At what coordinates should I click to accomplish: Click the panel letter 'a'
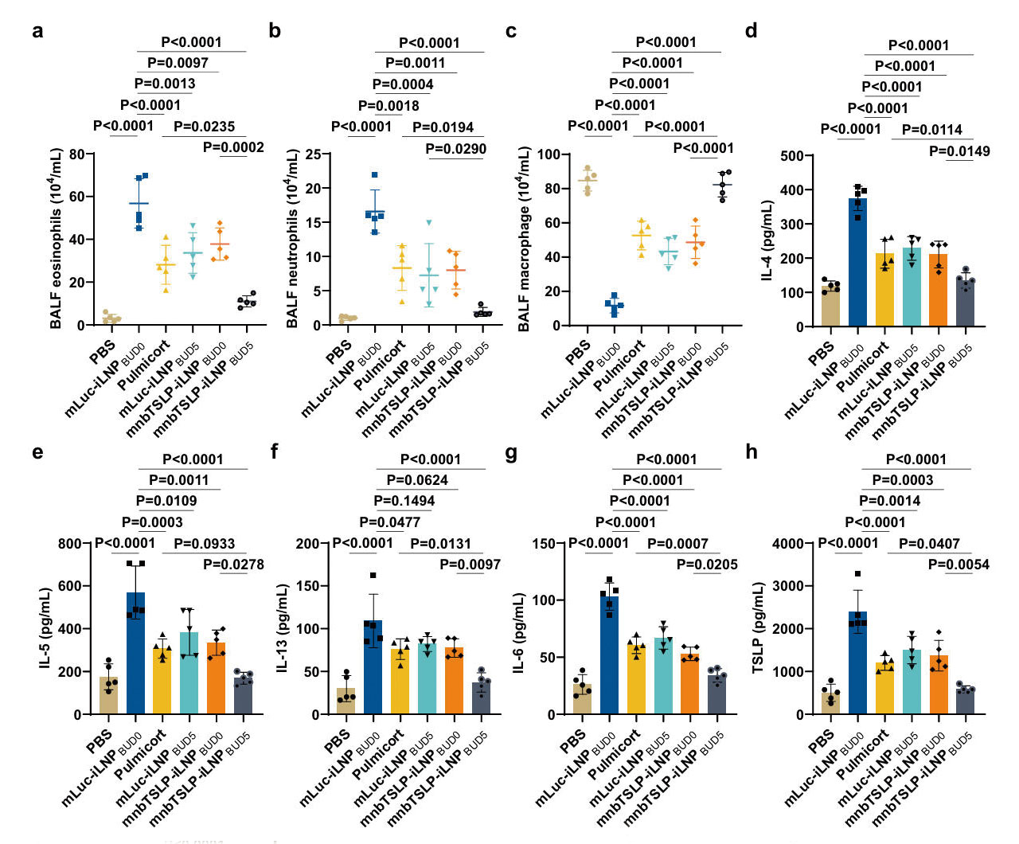(37, 31)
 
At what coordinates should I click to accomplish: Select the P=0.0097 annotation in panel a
(178, 63)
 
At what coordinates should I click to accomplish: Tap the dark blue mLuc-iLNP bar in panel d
(857, 263)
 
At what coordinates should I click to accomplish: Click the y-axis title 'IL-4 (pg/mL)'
(767, 240)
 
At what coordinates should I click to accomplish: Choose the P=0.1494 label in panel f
(404, 501)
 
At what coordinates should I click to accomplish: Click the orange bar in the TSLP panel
(939, 685)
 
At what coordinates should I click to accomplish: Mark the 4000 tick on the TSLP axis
(787, 543)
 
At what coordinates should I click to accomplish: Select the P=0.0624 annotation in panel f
(417, 480)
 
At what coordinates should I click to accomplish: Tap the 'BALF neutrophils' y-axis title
(293, 239)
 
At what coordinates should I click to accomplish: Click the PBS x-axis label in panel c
(577, 350)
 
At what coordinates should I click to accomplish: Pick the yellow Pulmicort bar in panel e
(162, 681)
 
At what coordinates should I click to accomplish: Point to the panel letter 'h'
(752, 452)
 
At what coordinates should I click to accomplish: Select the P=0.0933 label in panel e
(204, 544)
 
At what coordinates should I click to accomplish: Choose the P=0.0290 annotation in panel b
(455, 149)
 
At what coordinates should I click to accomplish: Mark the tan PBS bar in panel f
(346, 701)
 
